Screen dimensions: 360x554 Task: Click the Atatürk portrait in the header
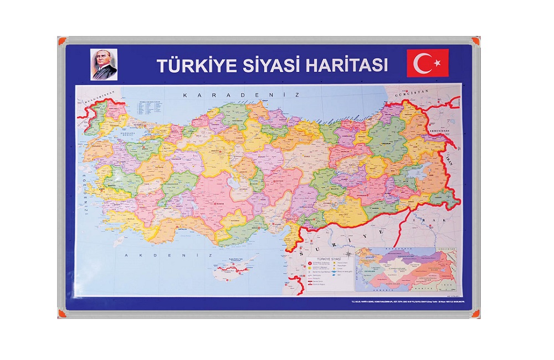click(x=104, y=65)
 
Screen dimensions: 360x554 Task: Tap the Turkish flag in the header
click(x=427, y=63)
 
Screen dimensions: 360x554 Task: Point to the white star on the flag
click(x=437, y=63)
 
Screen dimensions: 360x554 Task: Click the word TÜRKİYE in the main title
click(x=197, y=65)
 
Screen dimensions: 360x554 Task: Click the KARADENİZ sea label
click(x=240, y=95)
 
